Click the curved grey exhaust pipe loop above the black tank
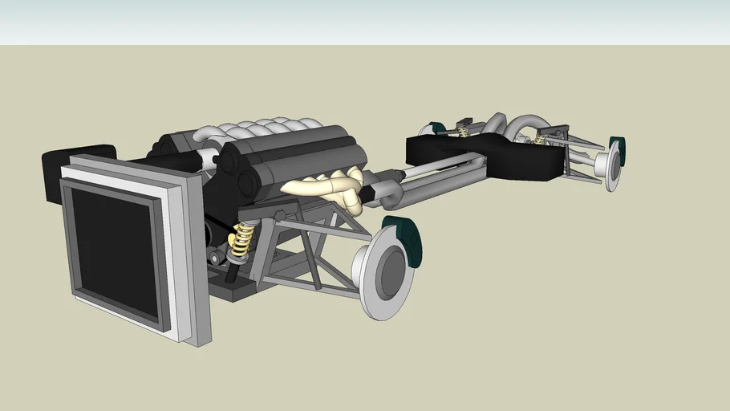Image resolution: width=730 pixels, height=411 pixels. pos(525,124)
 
